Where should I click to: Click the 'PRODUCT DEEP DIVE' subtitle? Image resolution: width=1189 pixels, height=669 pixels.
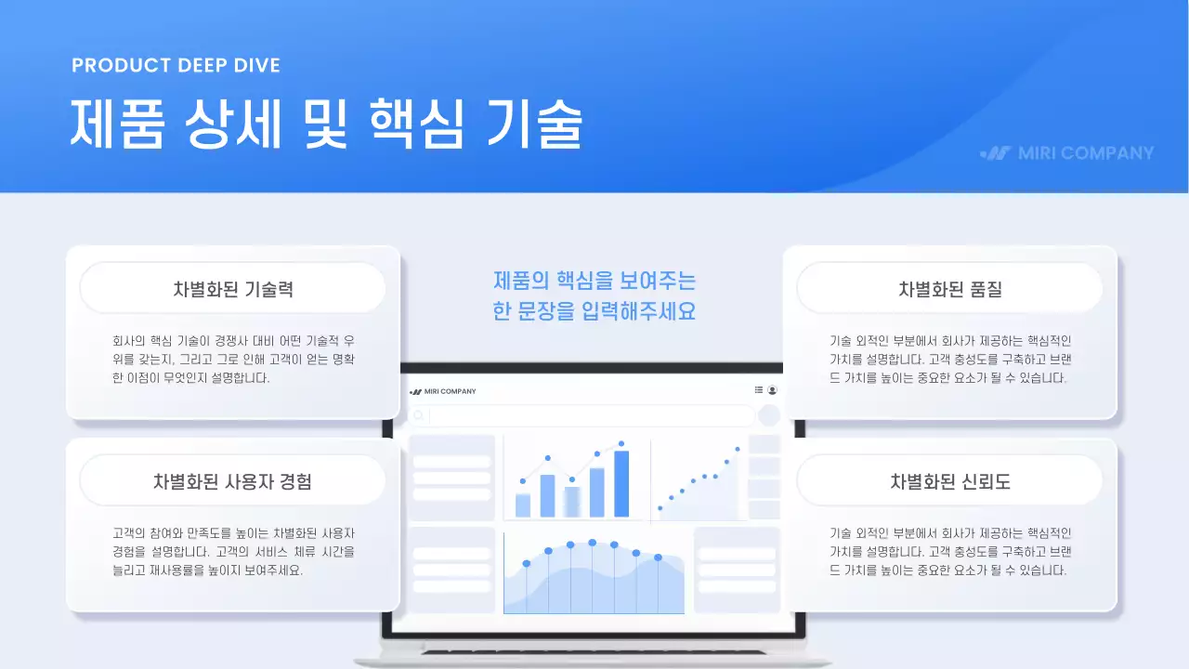pos(176,65)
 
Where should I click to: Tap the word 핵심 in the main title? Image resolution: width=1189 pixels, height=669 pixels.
pos(415,125)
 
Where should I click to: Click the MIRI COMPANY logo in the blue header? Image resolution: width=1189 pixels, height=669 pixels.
pos(1067,153)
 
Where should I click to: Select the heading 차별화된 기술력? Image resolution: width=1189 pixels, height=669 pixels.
pos(233,289)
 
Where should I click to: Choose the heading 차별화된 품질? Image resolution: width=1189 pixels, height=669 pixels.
pos(949,289)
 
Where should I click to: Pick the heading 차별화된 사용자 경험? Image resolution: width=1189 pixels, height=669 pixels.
pos(232,481)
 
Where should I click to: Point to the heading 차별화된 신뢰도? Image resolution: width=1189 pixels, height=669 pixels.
pos(949,481)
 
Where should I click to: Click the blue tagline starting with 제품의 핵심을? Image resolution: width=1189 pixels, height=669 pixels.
pos(594,295)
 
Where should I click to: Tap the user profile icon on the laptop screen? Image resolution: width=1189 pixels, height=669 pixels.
pos(772,390)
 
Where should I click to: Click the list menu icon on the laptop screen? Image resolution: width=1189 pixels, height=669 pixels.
pos(758,390)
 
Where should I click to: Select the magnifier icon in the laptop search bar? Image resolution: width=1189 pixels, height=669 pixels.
pos(419,415)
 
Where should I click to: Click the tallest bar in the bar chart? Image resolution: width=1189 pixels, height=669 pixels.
pos(621,483)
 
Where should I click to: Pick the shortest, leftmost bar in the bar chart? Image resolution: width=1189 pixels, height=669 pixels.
pos(523,505)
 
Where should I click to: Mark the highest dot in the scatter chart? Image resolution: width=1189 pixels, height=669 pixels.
pos(738,449)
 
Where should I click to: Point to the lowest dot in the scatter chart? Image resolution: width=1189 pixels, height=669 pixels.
pos(660,507)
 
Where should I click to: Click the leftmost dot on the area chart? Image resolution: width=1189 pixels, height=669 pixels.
pos(527,563)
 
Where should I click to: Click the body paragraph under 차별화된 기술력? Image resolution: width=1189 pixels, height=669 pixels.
pos(232,359)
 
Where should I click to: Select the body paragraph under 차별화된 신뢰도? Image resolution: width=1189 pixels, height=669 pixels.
pos(949,551)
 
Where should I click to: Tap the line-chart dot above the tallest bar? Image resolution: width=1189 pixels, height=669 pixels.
pos(621,444)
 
